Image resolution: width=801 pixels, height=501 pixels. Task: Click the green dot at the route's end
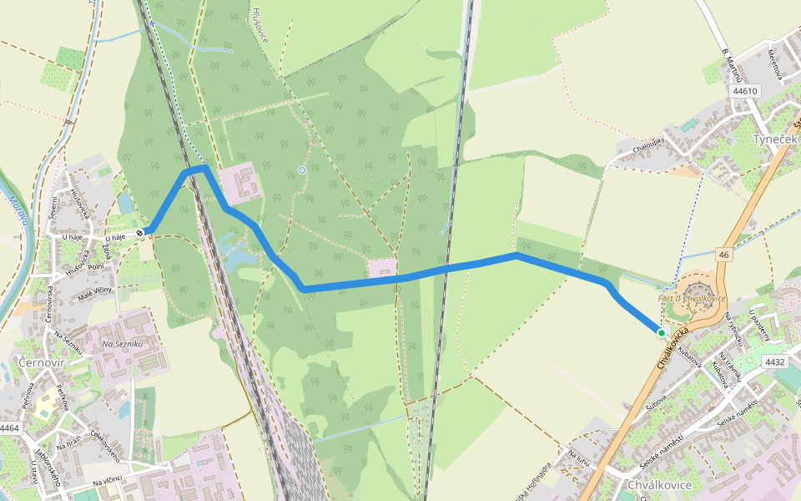point(662,332)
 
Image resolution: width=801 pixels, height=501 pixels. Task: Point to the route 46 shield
point(723,254)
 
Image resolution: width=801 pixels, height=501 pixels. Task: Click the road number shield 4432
point(775,362)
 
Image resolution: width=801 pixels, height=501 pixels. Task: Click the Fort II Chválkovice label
point(693,298)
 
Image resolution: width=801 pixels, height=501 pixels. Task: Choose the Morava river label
point(23,210)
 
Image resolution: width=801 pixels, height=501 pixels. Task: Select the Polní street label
point(96,266)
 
